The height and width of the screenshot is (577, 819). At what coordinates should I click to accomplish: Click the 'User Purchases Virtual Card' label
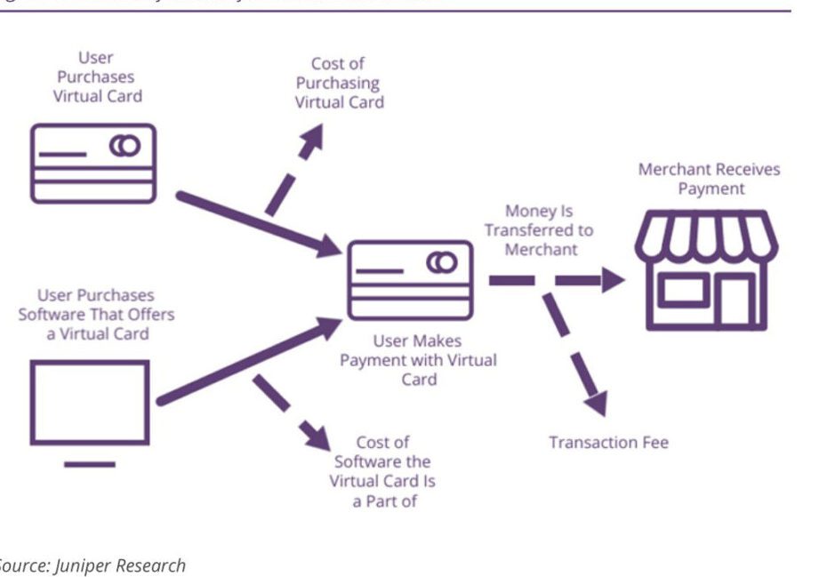click(96, 76)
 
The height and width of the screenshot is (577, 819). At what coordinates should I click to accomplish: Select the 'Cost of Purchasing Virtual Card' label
click(339, 83)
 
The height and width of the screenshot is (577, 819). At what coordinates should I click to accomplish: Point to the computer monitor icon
click(90, 405)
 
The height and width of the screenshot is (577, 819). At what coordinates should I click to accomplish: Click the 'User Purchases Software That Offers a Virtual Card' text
click(96, 314)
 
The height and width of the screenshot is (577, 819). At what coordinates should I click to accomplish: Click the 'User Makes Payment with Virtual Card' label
click(418, 360)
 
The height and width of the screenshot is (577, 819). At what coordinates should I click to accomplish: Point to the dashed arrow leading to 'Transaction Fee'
click(575, 350)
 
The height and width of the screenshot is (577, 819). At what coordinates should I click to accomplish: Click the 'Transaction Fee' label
click(608, 442)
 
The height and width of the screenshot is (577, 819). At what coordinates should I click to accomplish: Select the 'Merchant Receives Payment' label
click(709, 179)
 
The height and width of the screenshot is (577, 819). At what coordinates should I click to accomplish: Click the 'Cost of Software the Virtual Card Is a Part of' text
click(381, 471)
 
